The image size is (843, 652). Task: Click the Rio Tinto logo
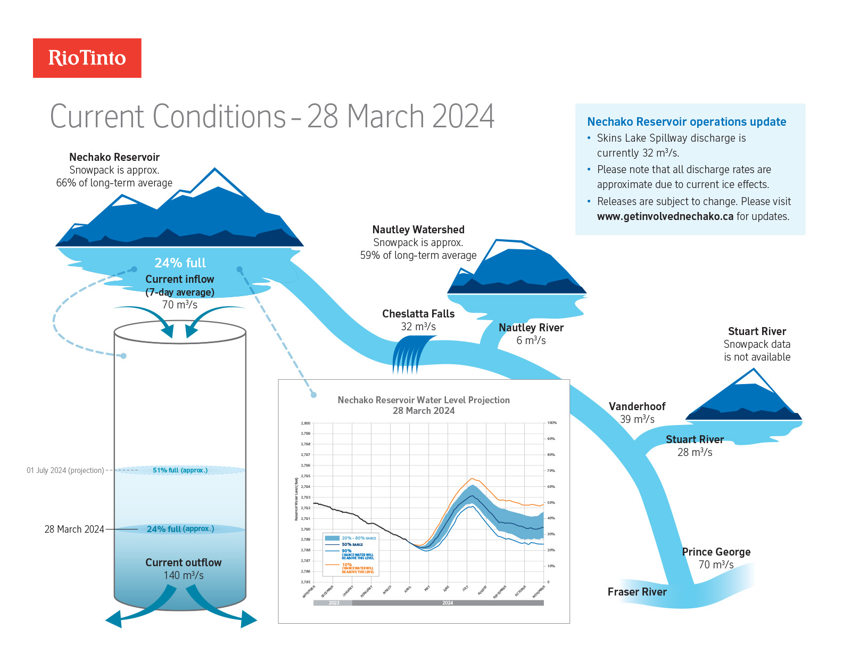pos(87,58)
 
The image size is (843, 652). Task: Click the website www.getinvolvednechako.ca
pos(665,216)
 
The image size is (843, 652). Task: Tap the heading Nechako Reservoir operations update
pos(686,122)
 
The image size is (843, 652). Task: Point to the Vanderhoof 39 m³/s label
pos(637,413)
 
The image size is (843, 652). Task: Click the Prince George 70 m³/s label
pos(716,558)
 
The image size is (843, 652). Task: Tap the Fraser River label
pos(637,592)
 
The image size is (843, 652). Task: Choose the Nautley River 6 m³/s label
pos(531,334)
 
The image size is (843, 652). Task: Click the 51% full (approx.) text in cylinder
pos(180,470)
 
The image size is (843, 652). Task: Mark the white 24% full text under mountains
pos(180,263)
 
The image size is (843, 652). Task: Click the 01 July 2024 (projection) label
pos(65,470)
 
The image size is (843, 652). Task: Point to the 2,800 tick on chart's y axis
pos(305,423)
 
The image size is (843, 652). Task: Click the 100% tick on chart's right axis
pos(552,423)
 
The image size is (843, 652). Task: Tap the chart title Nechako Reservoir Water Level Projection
pos(424,400)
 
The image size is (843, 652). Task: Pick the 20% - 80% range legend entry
pos(351,538)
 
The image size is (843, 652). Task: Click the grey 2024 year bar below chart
pos(448,603)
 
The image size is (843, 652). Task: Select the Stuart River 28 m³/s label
pos(695,446)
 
